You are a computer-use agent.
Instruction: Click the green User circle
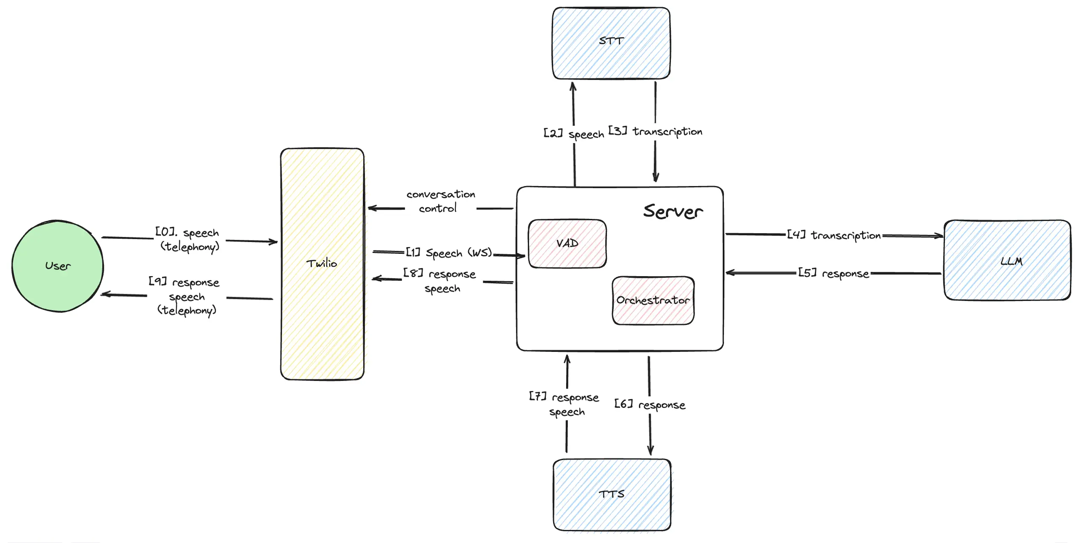click(58, 266)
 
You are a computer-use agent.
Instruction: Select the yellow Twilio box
click(322, 264)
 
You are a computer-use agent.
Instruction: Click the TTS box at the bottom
click(612, 494)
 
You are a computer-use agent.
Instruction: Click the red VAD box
click(567, 243)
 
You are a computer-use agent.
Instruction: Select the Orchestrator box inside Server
click(653, 300)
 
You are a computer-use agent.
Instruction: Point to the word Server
click(673, 211)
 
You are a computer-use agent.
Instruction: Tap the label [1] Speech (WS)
click(449, 253)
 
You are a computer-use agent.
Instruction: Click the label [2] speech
click(573, 134)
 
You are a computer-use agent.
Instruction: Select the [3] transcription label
click(655, 131)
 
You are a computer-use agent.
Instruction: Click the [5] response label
click(833, 274)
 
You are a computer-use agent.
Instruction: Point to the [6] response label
click(649, 405)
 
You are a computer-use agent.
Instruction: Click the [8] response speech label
click(440, 281)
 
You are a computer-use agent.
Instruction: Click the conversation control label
click(440, 201)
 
